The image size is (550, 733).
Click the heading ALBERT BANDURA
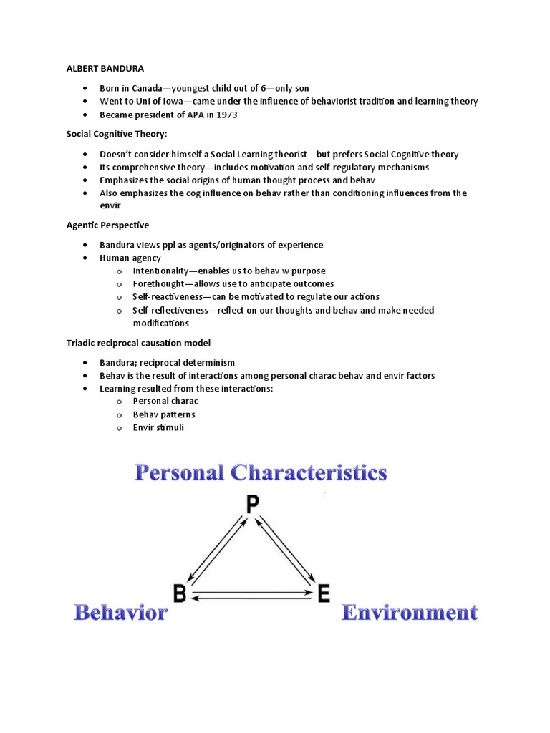[105, 69]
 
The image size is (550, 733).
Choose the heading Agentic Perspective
[107, 225]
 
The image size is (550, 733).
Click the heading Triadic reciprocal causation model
[139, 344]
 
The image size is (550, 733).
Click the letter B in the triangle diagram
[180, 593]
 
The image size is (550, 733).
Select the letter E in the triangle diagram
[324, 593]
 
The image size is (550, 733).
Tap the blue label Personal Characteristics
[261, 473]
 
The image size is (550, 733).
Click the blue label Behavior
[120, 613]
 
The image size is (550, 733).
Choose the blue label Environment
[409, 613]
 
